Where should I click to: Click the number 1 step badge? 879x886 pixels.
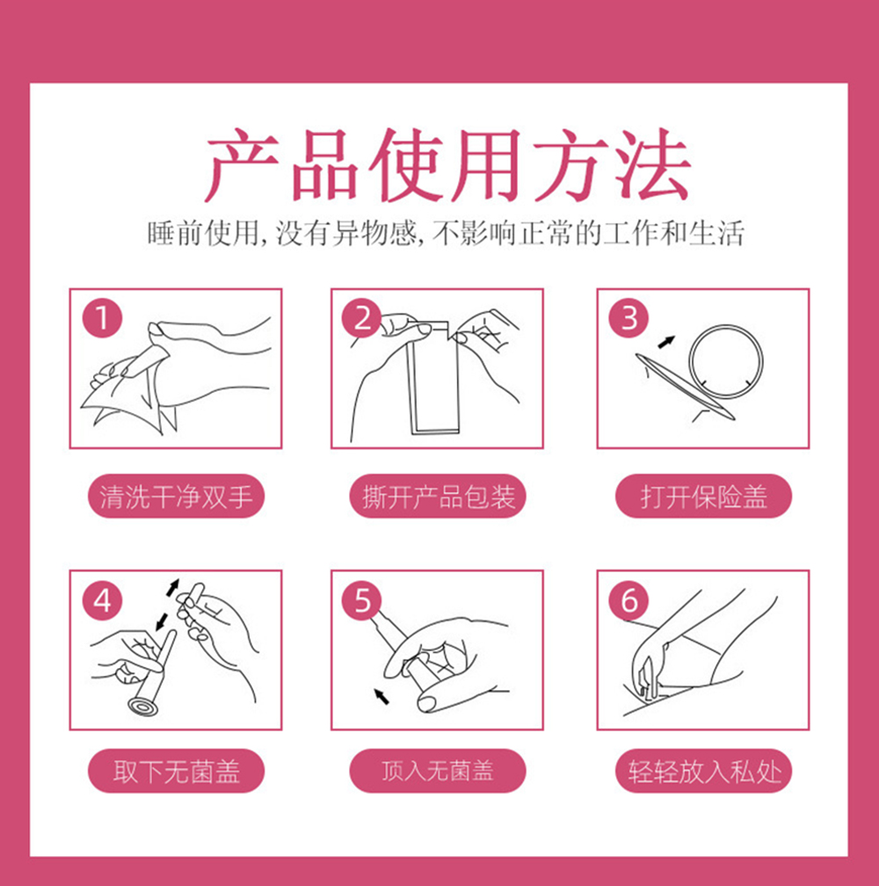pyautogui.click(x=102, y=317)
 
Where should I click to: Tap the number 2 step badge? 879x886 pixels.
pyautogui.click(x=362, y=317)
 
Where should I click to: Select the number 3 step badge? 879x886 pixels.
pyautogui.click(x=628, y=317)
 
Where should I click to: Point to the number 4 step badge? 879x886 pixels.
pyautogui.click(x=102, y=600)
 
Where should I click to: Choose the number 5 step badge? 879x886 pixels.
pyautogui.click(x=362, y=600)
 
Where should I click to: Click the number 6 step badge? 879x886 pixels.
pyautogui.click(x=628, y=600)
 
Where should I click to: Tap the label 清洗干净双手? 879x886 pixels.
pyautogui.click(x=176, y=496)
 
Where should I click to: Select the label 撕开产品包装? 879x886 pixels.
pyautogui.click(x=438, y=496)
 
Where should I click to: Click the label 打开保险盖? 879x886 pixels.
pyautogui.click(x=703, y=496)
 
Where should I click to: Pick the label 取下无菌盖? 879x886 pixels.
pyautogui.click(x=176, y=771)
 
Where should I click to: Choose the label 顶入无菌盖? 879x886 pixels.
pyautogui.click(x=438, y=771)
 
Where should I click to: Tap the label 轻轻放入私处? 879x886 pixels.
pyautogui.click(x=703, y=771)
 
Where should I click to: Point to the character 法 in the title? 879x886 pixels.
pyautogui.click(x=652, y=165)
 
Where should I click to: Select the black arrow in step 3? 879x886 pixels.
pyautogui.click(x=666, y=342)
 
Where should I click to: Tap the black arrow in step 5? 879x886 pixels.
pyautogui.click(x=381, y=696)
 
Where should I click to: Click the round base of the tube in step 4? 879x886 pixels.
pyautogui.click(x=142, y=707)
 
